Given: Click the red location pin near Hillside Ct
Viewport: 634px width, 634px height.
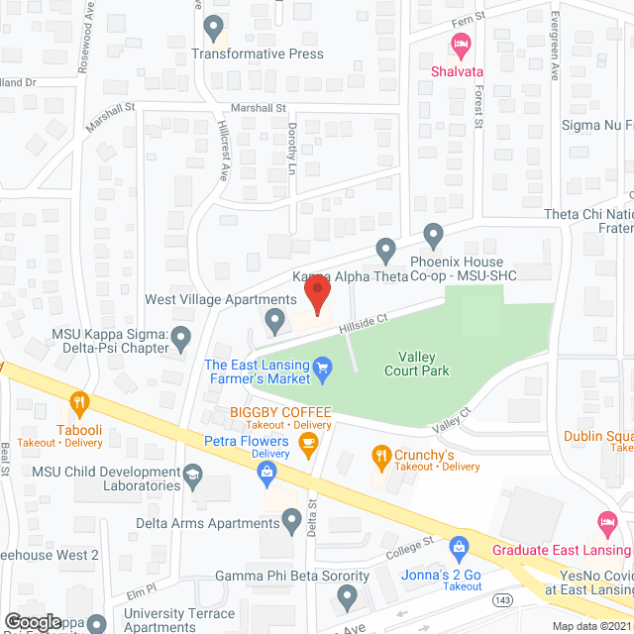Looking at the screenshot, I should [x=316, y=295].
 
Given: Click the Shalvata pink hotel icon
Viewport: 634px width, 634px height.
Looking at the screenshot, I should [x=460, y=45].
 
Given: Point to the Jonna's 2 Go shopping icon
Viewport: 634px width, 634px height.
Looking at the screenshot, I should [x=459, y=546].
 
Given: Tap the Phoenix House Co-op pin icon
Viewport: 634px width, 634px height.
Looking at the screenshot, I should [x=433, y=236].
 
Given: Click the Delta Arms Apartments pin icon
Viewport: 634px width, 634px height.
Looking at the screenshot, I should [x=292, y=519].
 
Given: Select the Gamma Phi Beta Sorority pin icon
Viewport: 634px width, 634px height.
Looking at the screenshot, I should [x=347, y=596].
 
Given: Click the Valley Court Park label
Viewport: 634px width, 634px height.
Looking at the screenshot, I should [x=417, y=364].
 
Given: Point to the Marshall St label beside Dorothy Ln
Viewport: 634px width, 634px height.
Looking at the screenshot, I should [x=258, y=107].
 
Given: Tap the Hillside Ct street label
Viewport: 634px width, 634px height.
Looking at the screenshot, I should [x=360, y=319].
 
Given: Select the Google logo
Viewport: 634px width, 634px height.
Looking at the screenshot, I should [x=31, y=621].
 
